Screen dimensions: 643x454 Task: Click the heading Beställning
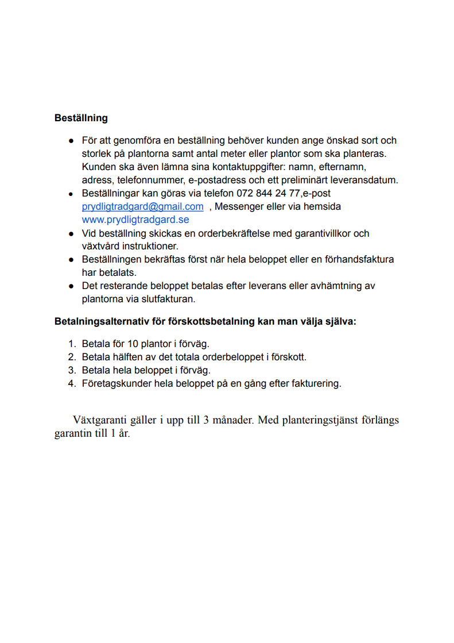point(81,118)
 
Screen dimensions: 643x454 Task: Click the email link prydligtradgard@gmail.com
point(142,207)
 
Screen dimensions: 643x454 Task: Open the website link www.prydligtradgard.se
point(135,220)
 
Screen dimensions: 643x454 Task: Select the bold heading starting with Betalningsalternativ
point(205,322)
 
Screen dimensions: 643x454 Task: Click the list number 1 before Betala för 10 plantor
point(72,344)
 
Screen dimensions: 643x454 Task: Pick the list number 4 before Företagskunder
point(72,384)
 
